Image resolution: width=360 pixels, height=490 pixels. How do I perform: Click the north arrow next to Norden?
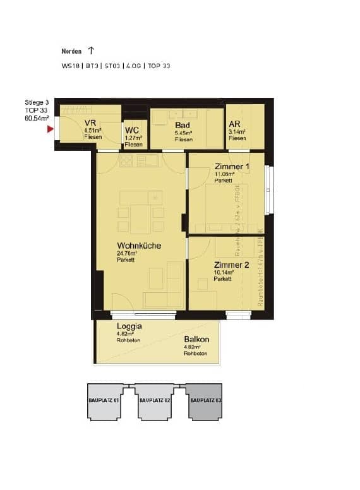pos(92,50)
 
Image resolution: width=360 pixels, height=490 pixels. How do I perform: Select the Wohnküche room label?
pos(138,246)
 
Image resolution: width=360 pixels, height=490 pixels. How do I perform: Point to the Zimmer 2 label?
pos(231,265)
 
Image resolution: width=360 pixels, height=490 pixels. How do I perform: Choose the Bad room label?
pos(183,125)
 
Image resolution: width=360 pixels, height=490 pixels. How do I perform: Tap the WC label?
pos(131,130)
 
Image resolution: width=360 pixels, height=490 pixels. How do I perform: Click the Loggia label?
pos(129,326)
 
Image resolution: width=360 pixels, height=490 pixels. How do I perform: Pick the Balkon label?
pos(196,339)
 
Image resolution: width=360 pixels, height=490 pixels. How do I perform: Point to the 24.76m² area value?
pos(127,254)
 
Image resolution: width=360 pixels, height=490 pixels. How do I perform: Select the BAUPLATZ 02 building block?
pos(155,401)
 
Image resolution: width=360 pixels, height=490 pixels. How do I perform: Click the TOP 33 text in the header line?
pos(159,66)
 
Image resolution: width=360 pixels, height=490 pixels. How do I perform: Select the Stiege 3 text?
pos(37,102)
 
